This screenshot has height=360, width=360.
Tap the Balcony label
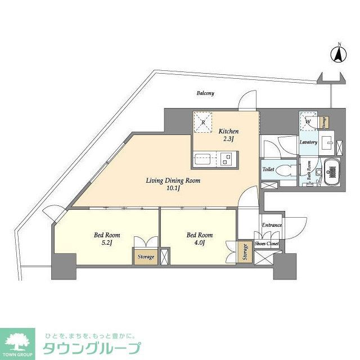point(205,93)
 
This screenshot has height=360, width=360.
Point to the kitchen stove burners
point(226,159)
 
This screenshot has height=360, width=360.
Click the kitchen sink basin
point(202,159)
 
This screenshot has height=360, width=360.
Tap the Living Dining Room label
point(173,185)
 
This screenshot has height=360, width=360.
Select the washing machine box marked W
point(308,120)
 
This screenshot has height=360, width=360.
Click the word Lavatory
point(309,142)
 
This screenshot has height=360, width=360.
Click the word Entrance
point(272,225)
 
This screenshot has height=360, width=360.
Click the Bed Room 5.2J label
point(106,239)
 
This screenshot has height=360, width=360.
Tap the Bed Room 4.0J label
point(199,239)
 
